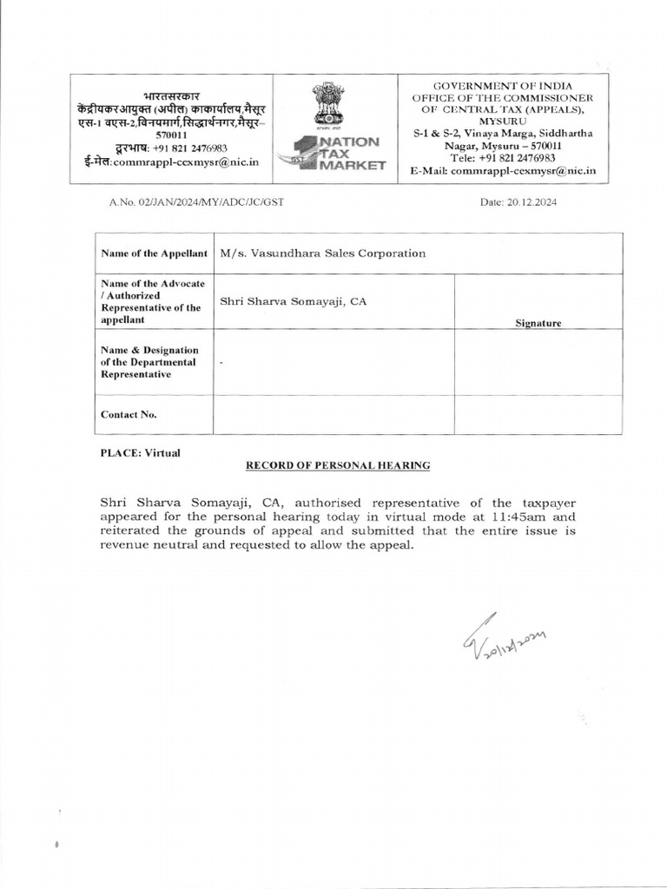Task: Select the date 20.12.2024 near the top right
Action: click(518, 202)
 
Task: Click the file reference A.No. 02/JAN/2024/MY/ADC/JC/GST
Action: click(196, 202)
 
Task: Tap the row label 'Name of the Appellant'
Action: click(154, 254)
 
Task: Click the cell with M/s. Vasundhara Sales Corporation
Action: click(323, 254)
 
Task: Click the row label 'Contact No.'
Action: click(129, 415)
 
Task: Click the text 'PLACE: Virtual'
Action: click(140, 453)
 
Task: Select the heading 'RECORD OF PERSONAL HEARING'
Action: click(338, 465)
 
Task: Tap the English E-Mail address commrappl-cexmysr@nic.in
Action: click(524, 171)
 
